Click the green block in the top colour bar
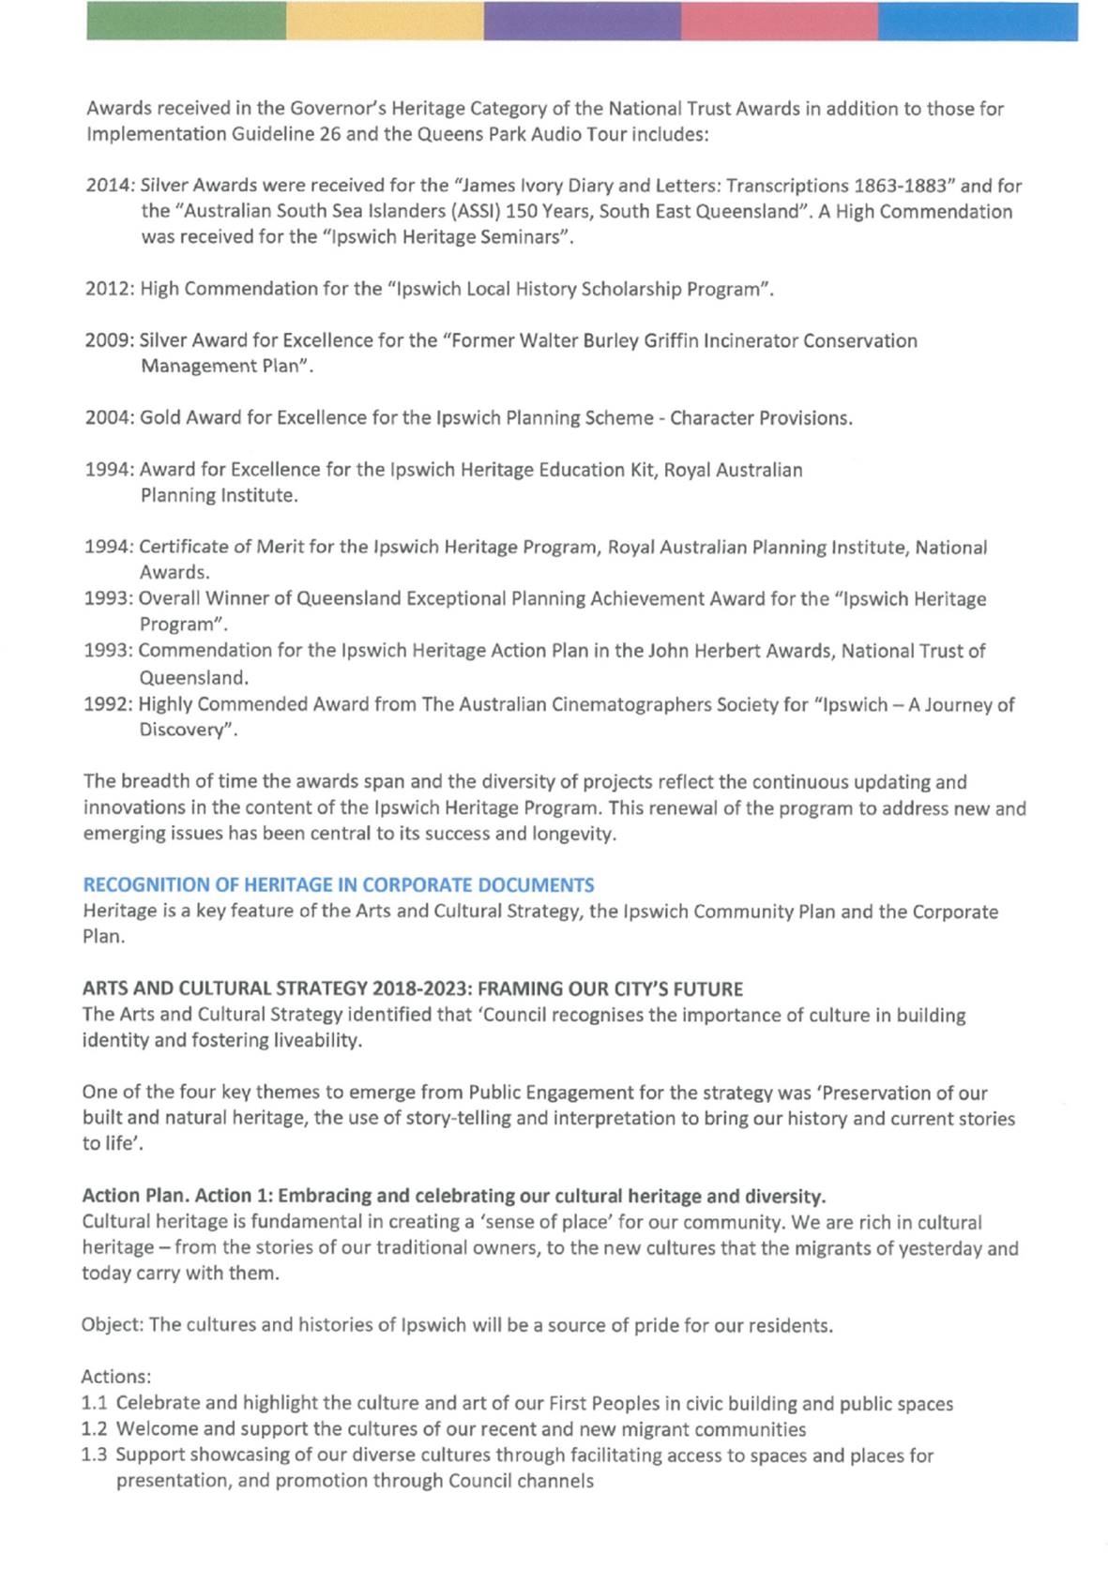[x=186, y=21]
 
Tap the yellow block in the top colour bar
[x=385, y=21]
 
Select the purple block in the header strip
[x=583, y=21]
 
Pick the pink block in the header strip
[x=780, y=21]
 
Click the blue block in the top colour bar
[x=978, y=21]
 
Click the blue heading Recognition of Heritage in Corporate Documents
[x=339, y=884]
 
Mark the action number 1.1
[x=94, y=1404]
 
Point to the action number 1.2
[x=94, y=1429]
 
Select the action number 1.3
[x=94, y=1455]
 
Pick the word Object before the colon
[x=111, y=1326]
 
